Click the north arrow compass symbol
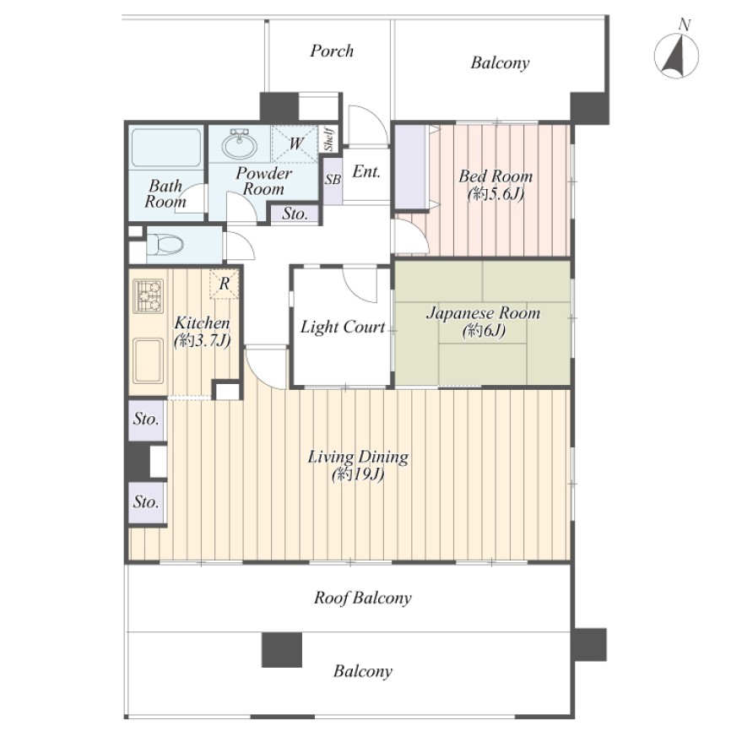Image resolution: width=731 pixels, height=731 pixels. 676,55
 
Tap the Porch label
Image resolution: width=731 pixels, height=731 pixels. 332,51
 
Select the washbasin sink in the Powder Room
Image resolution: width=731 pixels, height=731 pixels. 239,143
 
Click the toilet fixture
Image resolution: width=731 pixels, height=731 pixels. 165,244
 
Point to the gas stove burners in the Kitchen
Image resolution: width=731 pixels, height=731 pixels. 149,296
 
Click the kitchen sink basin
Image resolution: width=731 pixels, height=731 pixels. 149,360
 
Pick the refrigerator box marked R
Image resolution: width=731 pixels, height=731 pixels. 225,284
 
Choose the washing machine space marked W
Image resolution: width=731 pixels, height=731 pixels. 295,143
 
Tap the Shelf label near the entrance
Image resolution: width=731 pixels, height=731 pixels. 329,139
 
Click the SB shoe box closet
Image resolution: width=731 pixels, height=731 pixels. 333,180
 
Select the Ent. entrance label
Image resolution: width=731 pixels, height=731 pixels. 366,171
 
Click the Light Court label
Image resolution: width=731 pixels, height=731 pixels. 343,327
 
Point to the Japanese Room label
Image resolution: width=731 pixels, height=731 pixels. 484,313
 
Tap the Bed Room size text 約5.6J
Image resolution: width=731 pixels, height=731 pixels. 495,194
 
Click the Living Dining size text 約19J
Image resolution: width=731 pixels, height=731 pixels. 358,475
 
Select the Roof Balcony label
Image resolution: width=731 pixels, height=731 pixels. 363,598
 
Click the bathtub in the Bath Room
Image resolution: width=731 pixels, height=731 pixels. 166,148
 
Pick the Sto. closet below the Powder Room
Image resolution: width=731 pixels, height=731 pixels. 295,214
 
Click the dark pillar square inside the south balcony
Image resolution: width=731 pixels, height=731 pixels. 282,649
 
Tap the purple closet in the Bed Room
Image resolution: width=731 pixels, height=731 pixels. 411,167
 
